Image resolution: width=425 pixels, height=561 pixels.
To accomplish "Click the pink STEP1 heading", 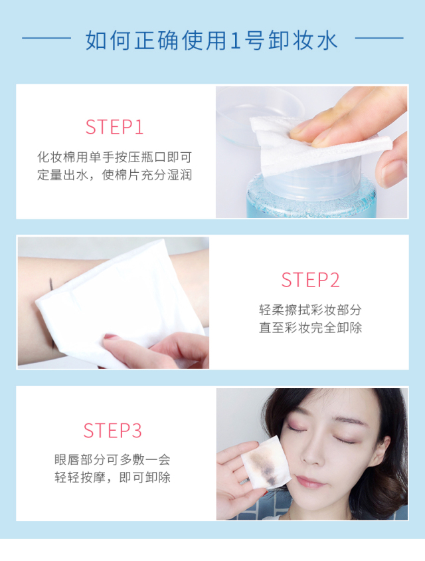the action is (114, 127).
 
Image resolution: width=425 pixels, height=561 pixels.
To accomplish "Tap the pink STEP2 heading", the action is (310, 280).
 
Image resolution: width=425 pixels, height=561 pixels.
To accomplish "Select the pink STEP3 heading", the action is (113, 431).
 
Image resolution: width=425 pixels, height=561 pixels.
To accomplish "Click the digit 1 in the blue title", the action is (235, 40).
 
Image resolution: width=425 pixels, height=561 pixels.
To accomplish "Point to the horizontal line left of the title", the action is (46, 38).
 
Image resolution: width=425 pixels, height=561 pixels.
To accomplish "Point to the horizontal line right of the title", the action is (379, 38).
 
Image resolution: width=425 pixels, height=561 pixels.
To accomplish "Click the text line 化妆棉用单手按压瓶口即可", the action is (115, 157).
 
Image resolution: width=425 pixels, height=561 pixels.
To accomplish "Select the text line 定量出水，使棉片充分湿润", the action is (115, 175).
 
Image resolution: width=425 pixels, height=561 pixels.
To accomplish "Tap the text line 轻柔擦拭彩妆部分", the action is (310, 310).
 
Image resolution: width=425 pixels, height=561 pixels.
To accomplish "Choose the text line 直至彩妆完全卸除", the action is (310, 328).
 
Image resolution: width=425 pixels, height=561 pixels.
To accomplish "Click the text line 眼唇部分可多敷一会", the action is (113, 460).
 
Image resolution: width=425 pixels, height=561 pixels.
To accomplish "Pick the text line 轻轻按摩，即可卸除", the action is (113, 478).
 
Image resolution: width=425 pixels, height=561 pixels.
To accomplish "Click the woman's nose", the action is (311, 454).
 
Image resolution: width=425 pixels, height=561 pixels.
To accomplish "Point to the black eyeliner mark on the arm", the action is (52, 284).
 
